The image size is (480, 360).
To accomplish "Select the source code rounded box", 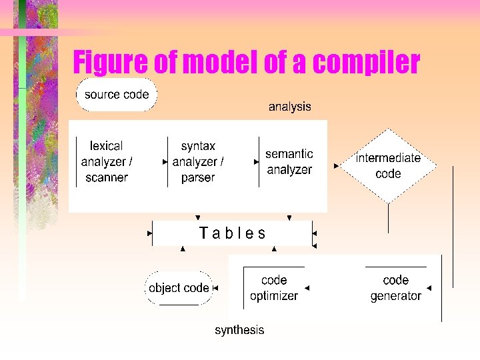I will tap(117, 95).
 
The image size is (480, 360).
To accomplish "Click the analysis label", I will tap(289, 107).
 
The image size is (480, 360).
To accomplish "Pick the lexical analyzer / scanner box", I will tap(107, 162).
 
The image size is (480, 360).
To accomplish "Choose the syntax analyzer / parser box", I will tap(198, 162).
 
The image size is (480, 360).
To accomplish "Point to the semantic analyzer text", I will tap(289, 162).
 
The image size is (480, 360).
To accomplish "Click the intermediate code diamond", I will tap(388, 166).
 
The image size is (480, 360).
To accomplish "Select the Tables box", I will tap(232, 233).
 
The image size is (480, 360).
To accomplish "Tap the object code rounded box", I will tap(179, 288).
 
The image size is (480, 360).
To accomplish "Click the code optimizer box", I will tap(273, 288).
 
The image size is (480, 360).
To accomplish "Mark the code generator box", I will tap(395, 288).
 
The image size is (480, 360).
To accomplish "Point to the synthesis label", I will tap(239, 330).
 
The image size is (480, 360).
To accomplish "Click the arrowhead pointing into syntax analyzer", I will tap(165, 161).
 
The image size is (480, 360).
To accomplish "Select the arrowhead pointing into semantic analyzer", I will tap(257, 161).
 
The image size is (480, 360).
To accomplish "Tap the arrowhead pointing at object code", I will tap(216, 288).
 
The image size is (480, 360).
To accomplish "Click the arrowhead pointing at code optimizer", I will tap(306, 288).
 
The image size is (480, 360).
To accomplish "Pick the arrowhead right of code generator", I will tap(429, 288).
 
